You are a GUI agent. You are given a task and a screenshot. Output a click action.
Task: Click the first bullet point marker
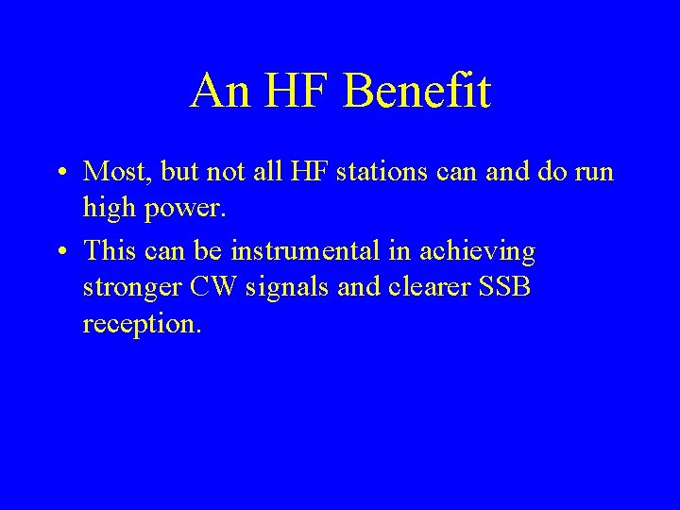point(59,173)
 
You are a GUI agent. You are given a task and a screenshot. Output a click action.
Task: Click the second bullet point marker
point(59,253)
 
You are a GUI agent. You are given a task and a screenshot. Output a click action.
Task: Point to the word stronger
point(128,289)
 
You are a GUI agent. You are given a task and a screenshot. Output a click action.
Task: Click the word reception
point(142,326)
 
